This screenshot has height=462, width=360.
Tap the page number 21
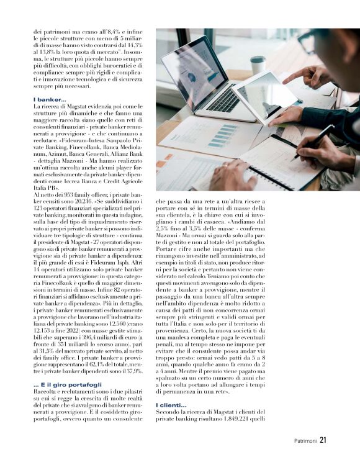(323, 441)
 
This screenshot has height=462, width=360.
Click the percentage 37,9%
(132, 371)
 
